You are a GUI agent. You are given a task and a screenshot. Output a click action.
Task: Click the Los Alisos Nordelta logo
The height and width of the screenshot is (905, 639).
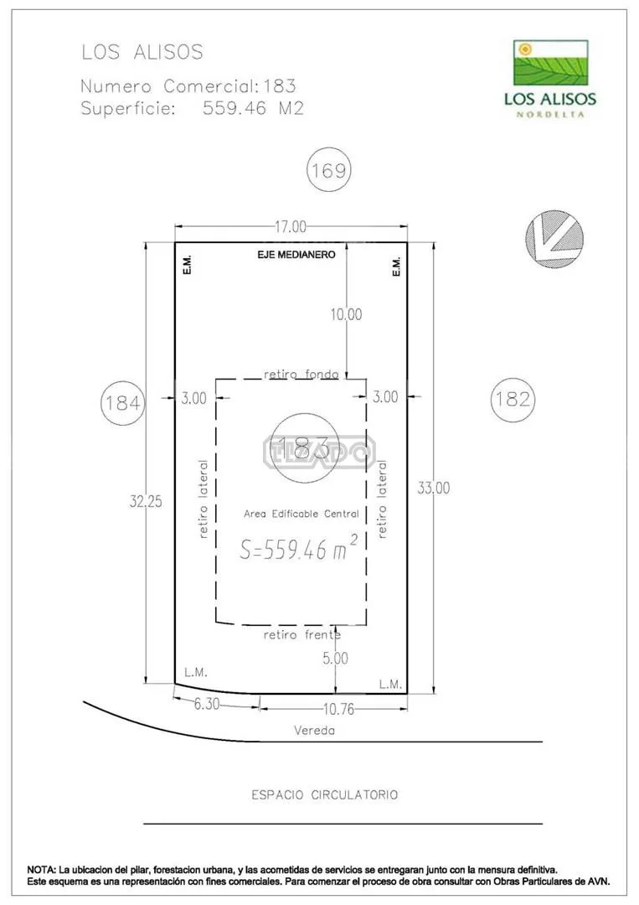550,79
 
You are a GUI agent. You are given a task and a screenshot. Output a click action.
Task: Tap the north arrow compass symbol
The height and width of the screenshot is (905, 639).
554,238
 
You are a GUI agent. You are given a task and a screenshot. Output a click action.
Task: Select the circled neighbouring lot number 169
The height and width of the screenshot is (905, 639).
329,170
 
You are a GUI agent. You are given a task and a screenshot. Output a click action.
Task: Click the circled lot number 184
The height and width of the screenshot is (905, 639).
122,402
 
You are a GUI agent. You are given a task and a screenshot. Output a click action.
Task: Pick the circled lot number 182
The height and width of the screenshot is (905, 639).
513,399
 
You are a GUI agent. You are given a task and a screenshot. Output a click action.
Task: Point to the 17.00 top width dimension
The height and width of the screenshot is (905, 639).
290,227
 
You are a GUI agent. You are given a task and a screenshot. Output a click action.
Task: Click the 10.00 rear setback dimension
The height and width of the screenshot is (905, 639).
346,314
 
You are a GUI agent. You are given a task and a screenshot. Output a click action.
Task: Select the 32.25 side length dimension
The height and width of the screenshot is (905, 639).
146,501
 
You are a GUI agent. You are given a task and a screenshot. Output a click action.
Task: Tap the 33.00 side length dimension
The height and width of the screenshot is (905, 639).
434,488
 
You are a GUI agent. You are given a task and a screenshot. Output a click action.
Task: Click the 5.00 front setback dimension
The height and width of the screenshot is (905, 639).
335,659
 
